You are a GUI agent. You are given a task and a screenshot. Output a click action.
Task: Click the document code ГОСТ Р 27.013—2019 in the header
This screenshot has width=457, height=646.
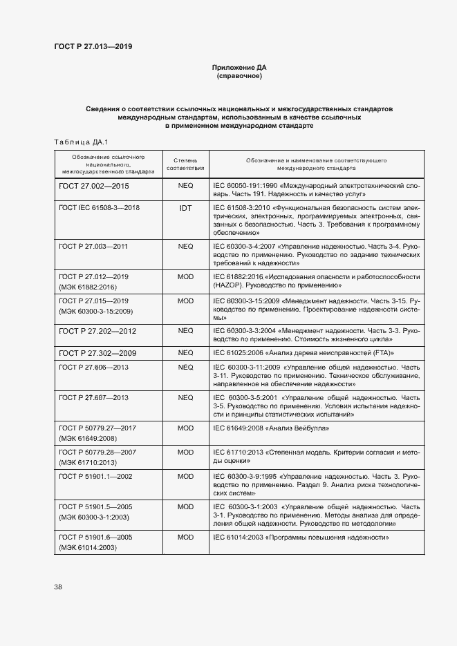point(93,46)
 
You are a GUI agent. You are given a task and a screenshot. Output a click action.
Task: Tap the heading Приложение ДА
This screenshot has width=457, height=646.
point(239,68)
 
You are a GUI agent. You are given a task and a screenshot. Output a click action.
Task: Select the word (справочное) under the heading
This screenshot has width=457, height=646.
point(239,76)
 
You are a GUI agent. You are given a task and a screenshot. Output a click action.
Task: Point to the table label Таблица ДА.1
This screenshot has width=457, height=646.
point(78,142)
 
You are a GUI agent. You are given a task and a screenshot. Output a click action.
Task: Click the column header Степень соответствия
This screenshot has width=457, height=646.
point(185,164)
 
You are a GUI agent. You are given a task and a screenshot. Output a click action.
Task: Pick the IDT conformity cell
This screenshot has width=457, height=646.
point(185,208)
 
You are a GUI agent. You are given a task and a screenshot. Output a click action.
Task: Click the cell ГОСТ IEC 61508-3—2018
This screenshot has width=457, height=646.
point(100,207)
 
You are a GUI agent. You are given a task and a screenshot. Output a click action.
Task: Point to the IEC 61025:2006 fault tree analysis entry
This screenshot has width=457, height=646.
point(304,353)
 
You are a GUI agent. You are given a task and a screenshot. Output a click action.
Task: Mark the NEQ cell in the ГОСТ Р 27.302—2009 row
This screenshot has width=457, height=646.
point(185,353)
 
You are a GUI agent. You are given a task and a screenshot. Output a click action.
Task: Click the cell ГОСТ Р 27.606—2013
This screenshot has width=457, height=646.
point(94,368)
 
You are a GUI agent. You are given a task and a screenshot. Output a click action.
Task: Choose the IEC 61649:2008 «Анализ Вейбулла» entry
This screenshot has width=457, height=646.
point(271,428)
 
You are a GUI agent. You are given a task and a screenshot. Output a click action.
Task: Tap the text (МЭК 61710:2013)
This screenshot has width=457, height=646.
point(88,462)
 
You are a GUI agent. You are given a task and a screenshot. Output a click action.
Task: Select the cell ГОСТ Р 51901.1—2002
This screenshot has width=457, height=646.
point(95,476)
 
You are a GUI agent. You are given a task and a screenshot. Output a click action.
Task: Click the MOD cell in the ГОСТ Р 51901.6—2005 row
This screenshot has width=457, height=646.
point(185,537)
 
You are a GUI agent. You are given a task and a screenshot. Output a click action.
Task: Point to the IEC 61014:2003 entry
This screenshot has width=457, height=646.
point(301,537)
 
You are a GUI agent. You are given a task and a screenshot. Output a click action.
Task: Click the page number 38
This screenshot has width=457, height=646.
point(58,587)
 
